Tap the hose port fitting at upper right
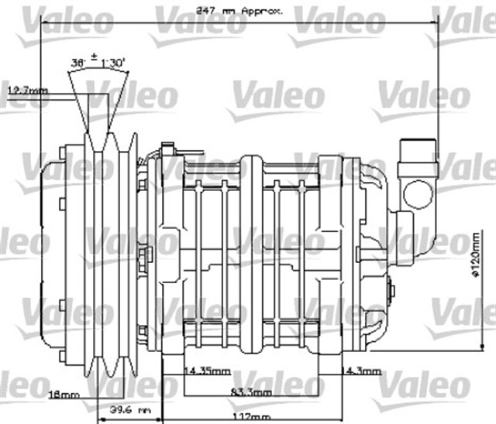coord(416,174)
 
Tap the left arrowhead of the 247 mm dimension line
coord(45,22)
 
